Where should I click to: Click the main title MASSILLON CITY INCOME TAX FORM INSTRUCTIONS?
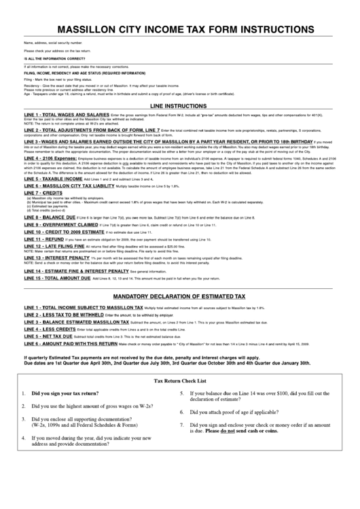[x=180, y=31]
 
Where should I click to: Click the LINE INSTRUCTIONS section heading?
[x=180, y=107]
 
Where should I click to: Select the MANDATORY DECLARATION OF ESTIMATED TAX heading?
[x=179, y=297]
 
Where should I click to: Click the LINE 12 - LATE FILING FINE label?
[x=57, y=246]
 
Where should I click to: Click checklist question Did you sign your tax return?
[x=65, y=393]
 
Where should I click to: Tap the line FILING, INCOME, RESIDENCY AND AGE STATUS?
[x=84, y=73]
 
